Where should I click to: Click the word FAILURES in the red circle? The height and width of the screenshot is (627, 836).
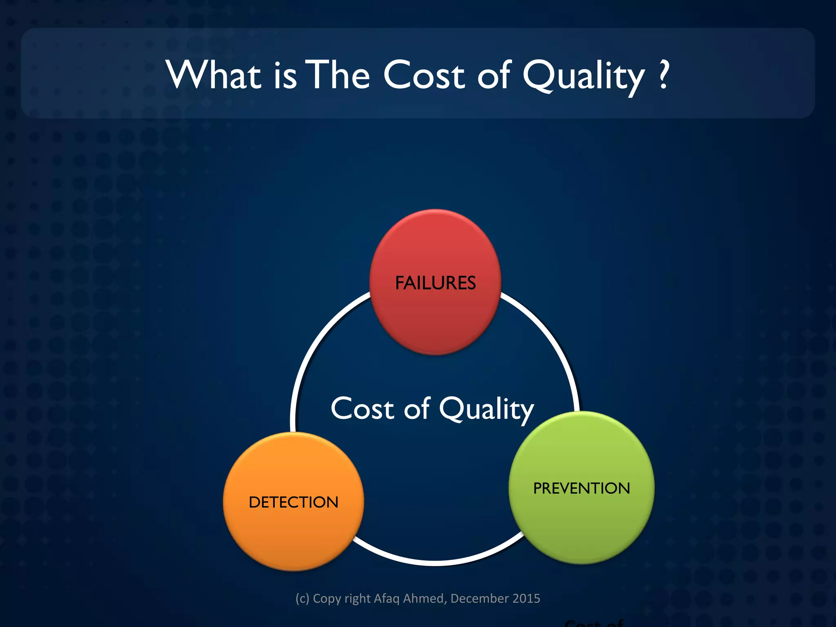[x=435, y=283]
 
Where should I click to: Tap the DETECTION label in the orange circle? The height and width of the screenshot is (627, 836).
[x=293, y=502]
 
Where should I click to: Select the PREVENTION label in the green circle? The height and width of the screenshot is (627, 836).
[x=581, y=488]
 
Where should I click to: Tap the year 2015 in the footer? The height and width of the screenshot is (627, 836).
[x=526, y=598]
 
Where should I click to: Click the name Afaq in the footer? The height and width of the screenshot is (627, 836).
[x=387, y=598]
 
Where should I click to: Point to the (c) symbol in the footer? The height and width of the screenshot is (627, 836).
[x=302, y=598]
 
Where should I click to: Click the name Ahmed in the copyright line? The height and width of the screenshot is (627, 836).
[x=425, y=598]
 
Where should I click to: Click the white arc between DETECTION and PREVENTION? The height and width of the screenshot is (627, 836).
[x=435, y=562]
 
